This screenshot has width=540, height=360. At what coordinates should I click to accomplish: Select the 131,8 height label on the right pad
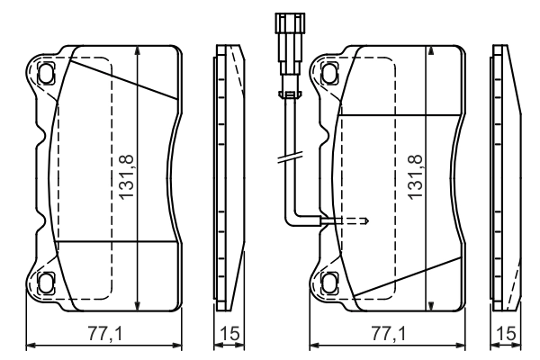point(416,176)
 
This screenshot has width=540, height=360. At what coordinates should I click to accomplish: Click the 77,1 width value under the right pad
point(388,334)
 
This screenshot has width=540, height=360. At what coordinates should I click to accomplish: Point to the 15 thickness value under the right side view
point(508,334)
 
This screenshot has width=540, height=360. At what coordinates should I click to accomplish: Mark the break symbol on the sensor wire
point(289,159)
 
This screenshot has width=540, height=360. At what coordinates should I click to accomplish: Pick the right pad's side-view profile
point(506,175)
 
